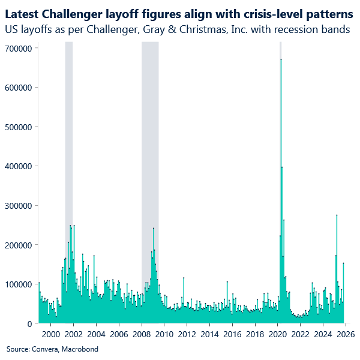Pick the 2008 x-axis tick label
click(142, 334)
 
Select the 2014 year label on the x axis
click(209, 334)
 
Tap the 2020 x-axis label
click(277, 334)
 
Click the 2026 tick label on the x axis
click(345, 334)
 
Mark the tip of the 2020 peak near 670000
click(281, 59)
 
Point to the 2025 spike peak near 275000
click(337, 215)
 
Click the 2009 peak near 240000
click(154, 229)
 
